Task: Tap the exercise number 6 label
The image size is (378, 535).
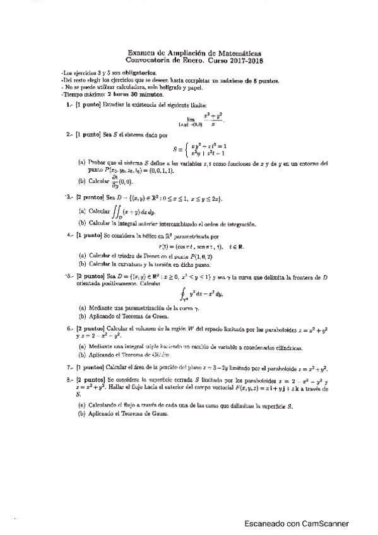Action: tap(69, 329)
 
